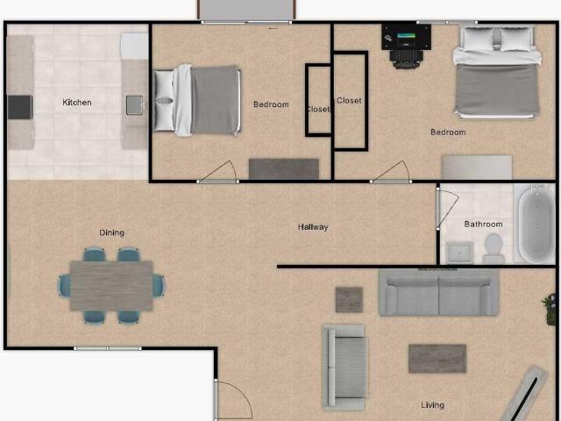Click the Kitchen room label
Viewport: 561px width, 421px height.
click(x=77, y=103)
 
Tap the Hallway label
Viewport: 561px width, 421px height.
click(x=313, y=227)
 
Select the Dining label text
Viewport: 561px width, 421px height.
click(x=111, y=232)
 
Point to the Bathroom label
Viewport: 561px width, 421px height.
click(x=483, y=225)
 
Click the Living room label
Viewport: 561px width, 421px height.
click(x=432, y=405)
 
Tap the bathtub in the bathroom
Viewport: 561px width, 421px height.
click(x=536, y=225)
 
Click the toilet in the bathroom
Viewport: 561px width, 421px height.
click(x=494, y=248)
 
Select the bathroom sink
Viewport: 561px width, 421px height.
click(x=459, y=253)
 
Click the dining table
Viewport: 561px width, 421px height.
click(x=111, y=286)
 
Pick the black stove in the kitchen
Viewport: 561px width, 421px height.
click(x=20, y=107)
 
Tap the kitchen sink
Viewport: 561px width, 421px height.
click(x=134, y=105)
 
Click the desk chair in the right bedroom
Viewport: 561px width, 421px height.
click(x=407, y=59)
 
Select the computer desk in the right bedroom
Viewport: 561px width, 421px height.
click(x=406, y=37)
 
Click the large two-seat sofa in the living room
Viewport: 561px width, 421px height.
click(x=438, y=292)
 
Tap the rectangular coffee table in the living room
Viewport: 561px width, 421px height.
click(x=437, y=359)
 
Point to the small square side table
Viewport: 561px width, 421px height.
click(x=349, y=300)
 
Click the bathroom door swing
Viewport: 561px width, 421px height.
click(x=447, y=209)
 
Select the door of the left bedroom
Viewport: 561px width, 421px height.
click(x=217, y=172)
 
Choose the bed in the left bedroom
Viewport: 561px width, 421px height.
click(x=197, y=100)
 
